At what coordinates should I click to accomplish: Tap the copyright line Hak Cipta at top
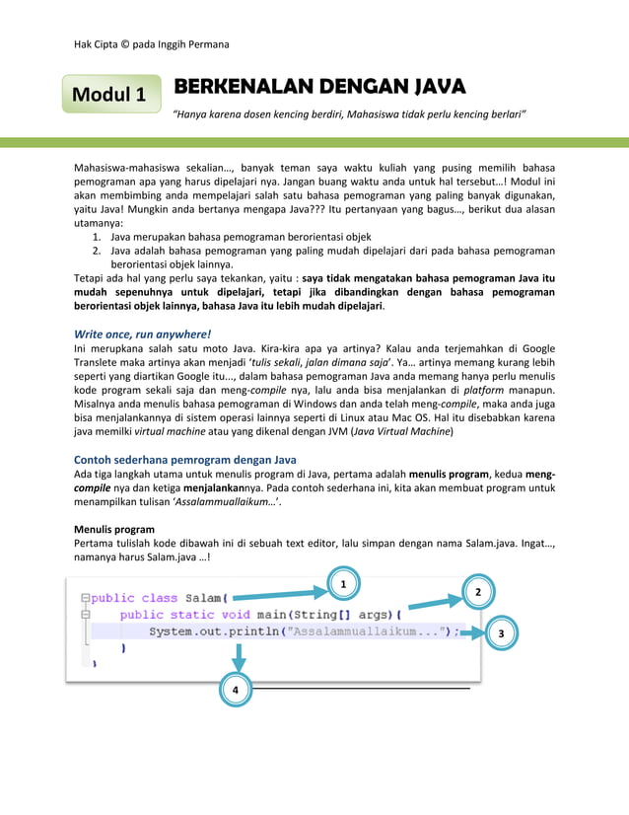[x=152, y=44]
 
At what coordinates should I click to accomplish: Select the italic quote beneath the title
[x=349, y=115]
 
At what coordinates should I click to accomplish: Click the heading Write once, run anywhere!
[x=143, y=333]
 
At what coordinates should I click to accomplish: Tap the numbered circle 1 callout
[x=342, y=585]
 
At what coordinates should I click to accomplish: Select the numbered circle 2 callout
[x=477, y=592]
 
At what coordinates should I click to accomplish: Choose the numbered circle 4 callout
[x=235, y=691]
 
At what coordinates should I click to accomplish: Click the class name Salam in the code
[x=203, y=598]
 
